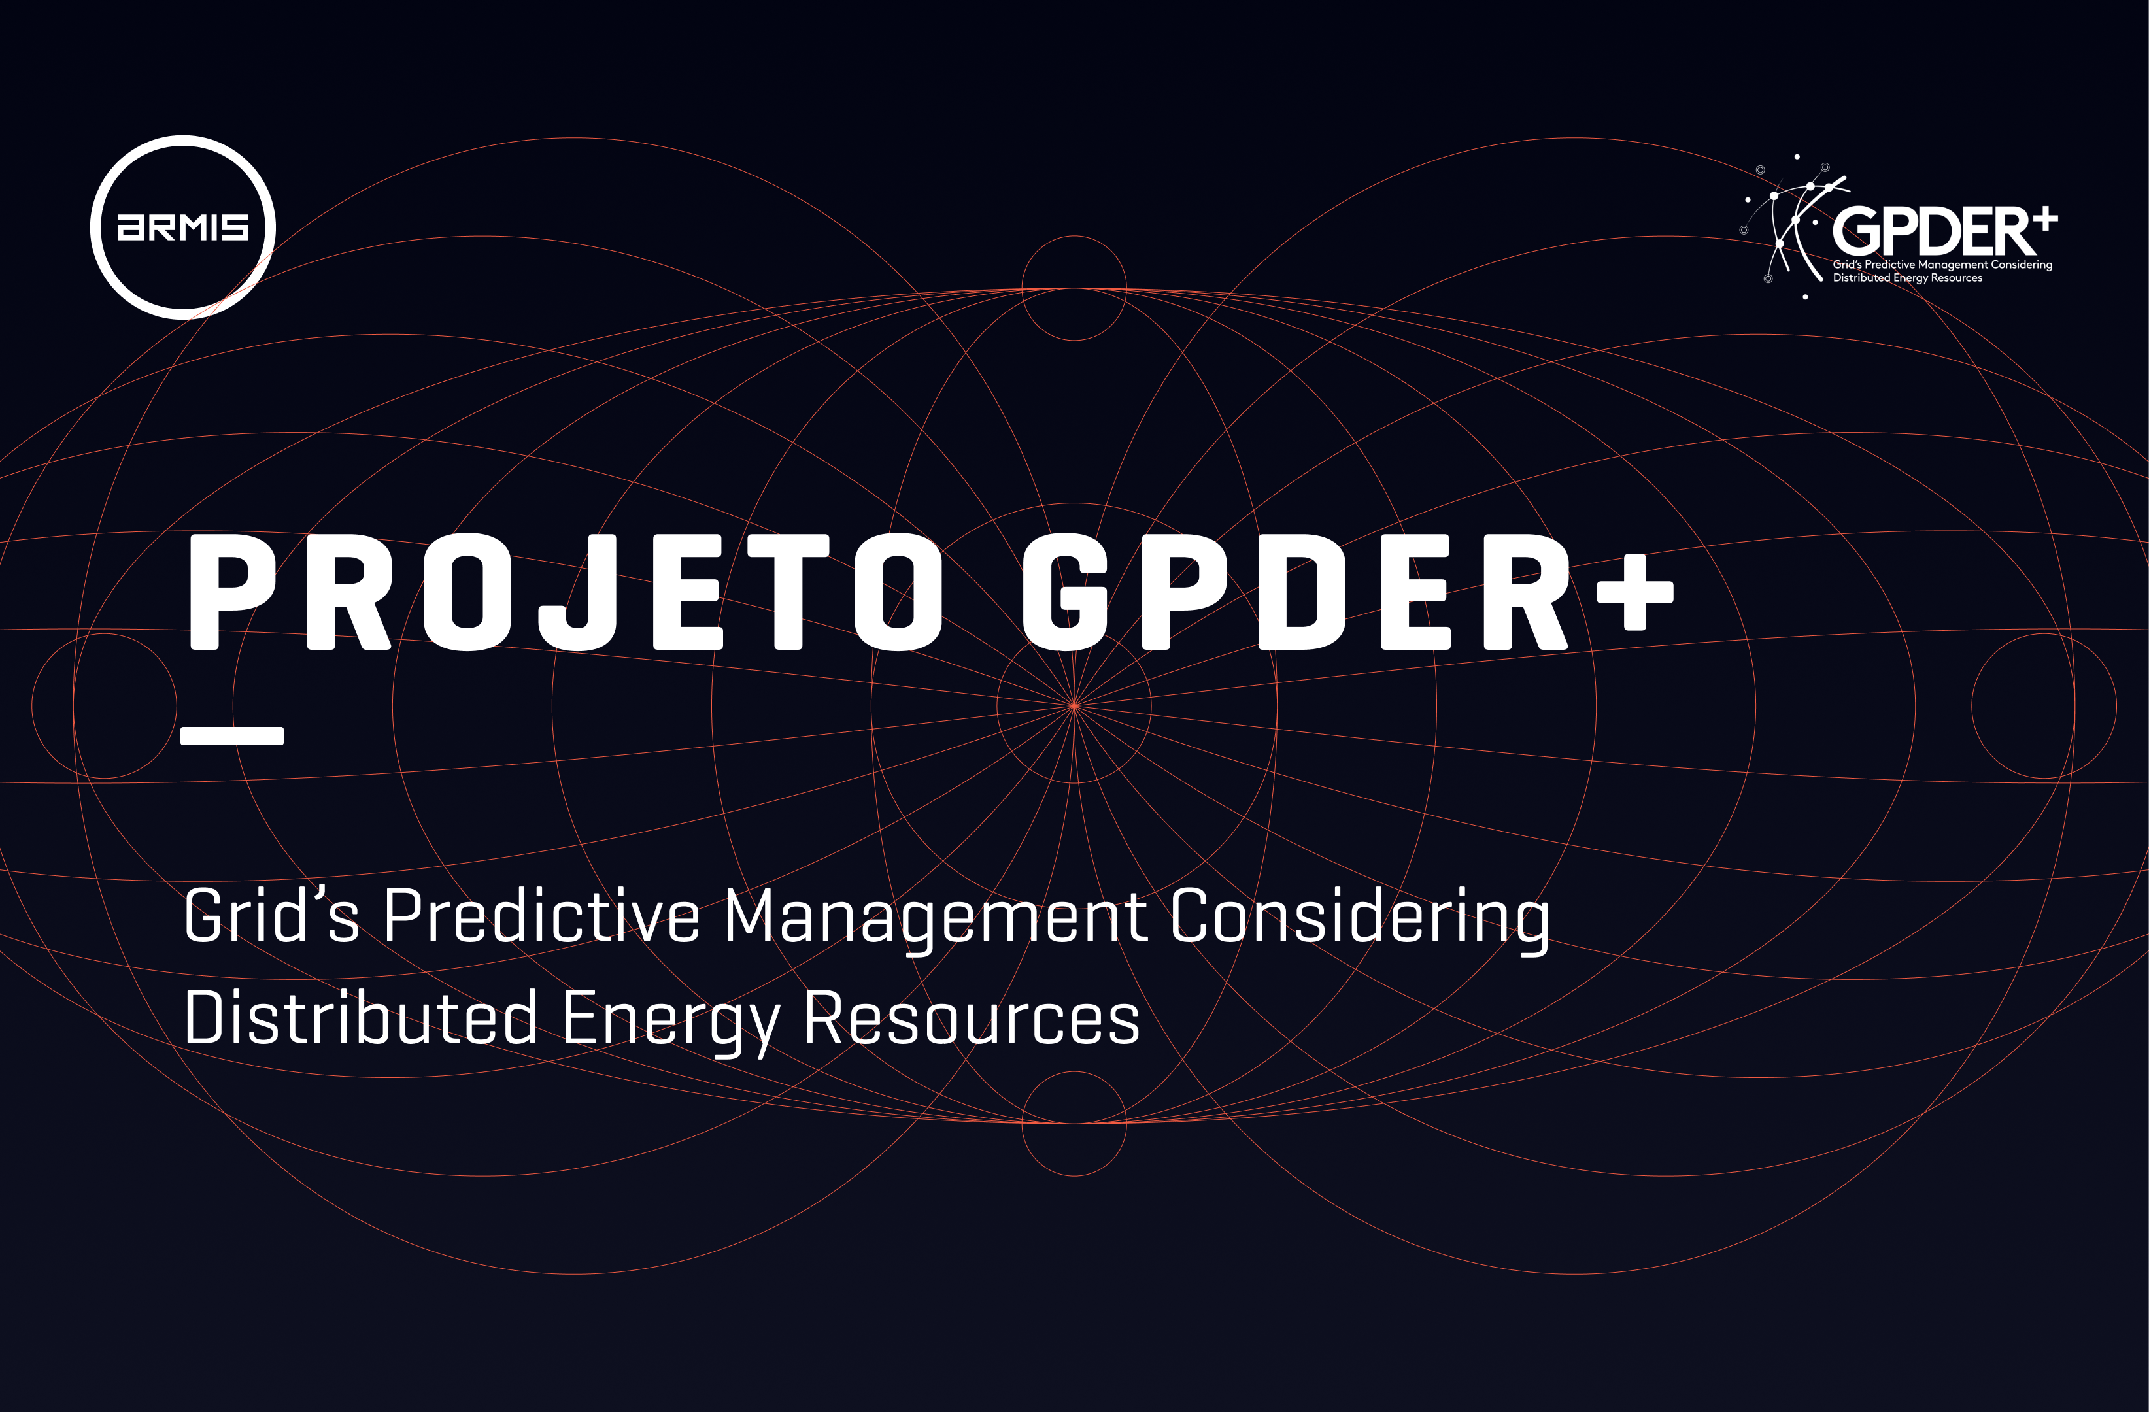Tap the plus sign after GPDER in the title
click(1635, 592)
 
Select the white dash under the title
click(232, 736)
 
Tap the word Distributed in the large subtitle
click(361, 1017)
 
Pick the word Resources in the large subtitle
click(972, 1017)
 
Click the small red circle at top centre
click(1074, 237)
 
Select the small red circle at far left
click(33, 705)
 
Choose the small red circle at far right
click(2116, 705)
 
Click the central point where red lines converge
click(1074, 705)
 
